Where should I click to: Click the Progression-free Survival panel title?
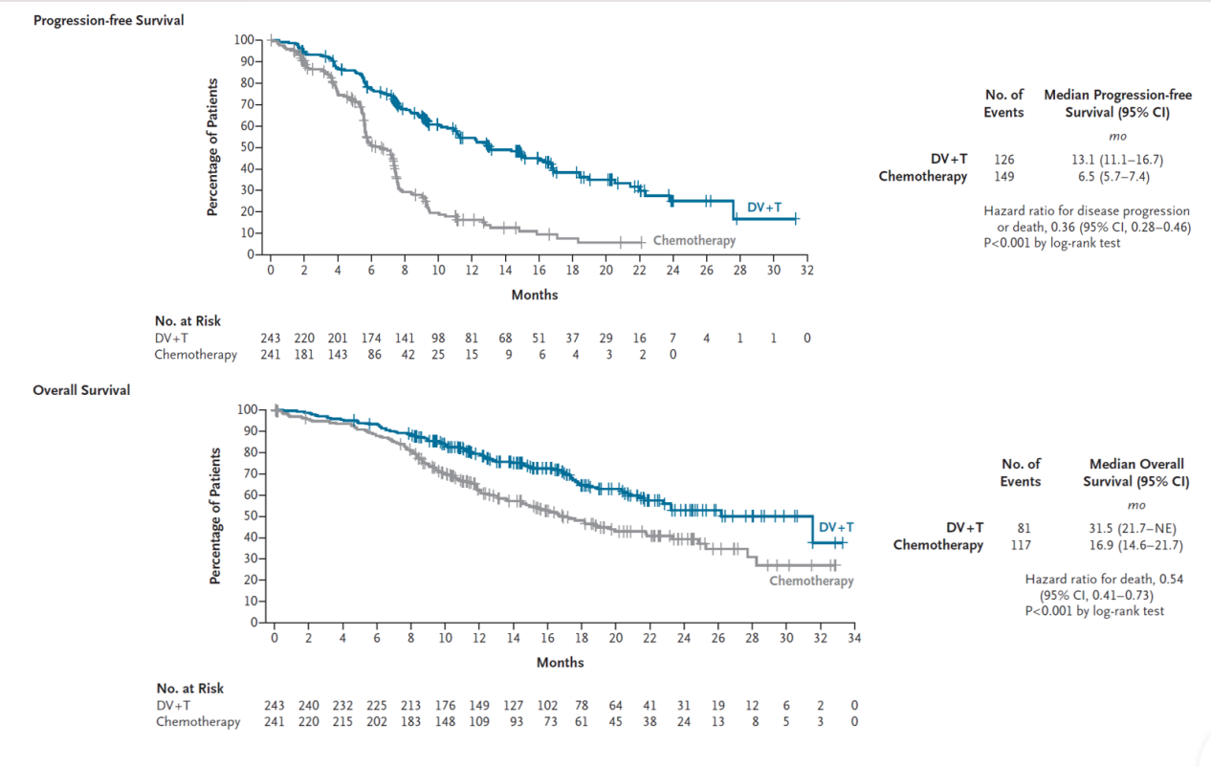(109, 20)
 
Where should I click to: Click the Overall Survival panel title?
(81, 390)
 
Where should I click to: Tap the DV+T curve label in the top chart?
(764, 207)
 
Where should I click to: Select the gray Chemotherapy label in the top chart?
(694, 240)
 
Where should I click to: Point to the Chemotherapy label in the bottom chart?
(811, 581)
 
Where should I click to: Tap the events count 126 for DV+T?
(1003, 159)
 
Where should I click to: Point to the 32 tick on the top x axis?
(806, 271)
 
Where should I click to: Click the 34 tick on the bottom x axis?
(854, 639)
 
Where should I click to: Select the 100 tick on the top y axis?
(243, 39)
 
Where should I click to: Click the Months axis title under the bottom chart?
(560, 662)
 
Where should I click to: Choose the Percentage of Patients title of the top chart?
(213, 145)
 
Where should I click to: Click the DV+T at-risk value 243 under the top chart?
(271, 339)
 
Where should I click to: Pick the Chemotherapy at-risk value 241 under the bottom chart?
(275, 722)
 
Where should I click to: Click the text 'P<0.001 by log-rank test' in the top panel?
(1051, 243)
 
